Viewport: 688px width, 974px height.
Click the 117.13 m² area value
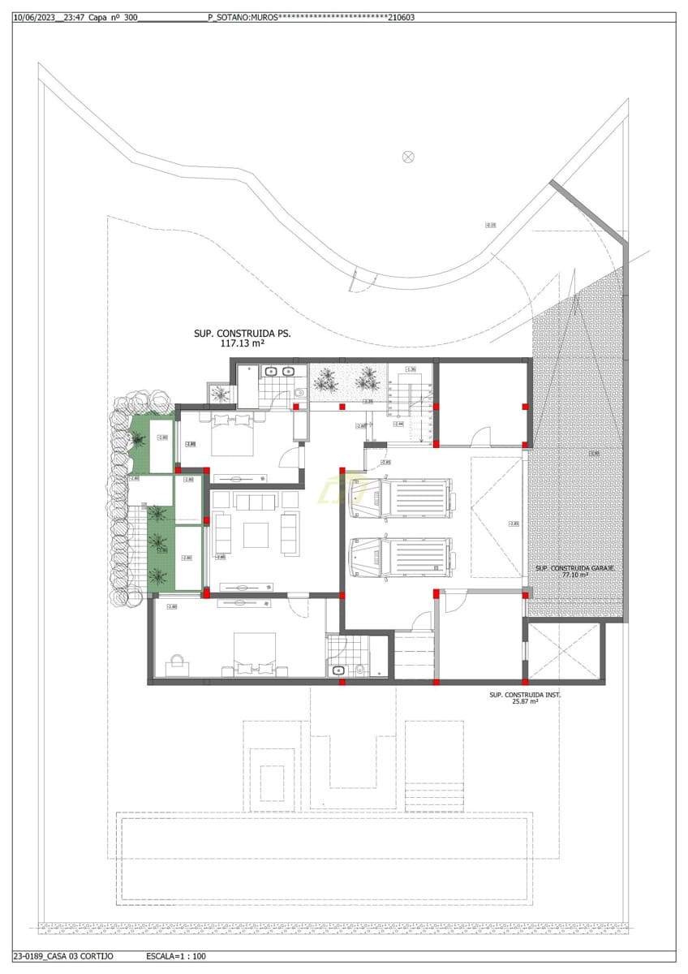tap(243, 343)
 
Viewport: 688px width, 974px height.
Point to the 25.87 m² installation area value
tap(525, 702)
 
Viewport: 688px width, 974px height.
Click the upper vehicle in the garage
tap(399, 498)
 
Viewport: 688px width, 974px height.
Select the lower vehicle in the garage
tap(399, 558)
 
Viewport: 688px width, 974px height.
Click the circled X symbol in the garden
tap(408, 156)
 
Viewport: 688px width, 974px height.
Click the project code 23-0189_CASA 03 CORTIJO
tap(63, 956)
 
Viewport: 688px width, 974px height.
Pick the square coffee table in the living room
tap(256, 535)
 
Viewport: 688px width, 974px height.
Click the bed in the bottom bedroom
tap(255, 655)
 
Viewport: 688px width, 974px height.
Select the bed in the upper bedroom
tap(234, 433)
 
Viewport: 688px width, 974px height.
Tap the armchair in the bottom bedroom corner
tap(178, 665)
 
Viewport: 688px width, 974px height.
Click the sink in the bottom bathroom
tap(338, 670)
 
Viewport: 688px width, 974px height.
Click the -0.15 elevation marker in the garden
tap(490, 225)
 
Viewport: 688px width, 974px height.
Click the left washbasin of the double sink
tap(270, 372)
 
